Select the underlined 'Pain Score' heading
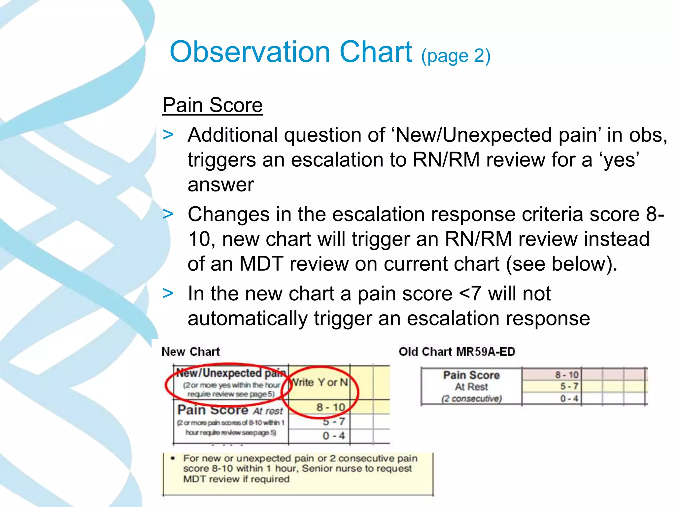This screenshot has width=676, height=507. coord(213,105)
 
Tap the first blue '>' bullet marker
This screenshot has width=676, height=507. coord(168,135)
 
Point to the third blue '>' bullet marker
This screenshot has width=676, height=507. coord(168,293)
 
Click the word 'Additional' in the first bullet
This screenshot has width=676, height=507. coord(232,135)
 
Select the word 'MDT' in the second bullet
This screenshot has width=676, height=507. coord(261,264)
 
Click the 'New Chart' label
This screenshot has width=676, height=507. coord(190,352)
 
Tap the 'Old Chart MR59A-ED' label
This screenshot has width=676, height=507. coord(456,352)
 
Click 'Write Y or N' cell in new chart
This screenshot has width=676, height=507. coord(320,382)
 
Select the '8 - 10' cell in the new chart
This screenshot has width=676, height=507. coord(331,407)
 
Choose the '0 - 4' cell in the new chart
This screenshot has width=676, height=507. coord(333,436)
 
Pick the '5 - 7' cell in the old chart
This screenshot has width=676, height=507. coord(569,386)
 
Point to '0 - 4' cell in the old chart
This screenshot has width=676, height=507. coord(569,398)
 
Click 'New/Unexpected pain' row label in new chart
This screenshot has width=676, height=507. coord(231,373)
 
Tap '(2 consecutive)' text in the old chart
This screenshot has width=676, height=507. coord(471,399)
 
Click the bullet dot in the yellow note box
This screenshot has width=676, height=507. coord(173,458)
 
